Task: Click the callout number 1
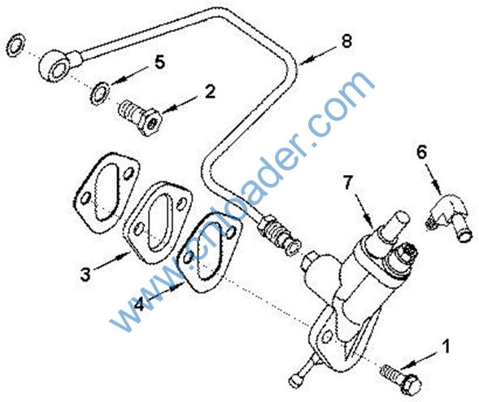click(x=446, y=346)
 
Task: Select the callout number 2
click(x=210, y=91)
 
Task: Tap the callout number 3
click(x=85, y=274)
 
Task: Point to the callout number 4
click(x=139, y=304)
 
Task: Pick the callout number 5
click(x=159, y=63)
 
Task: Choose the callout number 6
click(x=422, y=151)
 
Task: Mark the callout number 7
click(x=348, y=182)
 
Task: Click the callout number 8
click(x=346, y=40)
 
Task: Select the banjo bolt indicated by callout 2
click(x=139, y=117)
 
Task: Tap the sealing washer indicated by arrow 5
click(x=99, y=94)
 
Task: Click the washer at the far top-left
click(x=15, y=45)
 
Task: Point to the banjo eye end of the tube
click(x=55, y=66)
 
